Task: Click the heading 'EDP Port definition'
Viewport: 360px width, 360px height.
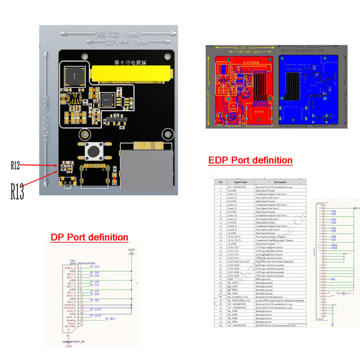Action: [x=250, y=160]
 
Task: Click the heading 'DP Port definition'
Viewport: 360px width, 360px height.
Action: [x=89, y=237]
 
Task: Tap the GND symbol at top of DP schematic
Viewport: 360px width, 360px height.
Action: [x=131, y=251]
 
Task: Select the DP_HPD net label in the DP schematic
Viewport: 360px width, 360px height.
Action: [x=110, y=318]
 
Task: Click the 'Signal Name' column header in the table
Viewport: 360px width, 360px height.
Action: [x=237, y=182]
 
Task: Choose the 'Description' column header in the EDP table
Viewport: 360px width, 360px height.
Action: [x=279, y=182]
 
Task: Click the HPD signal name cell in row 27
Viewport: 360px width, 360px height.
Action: [x=231, y=279]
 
